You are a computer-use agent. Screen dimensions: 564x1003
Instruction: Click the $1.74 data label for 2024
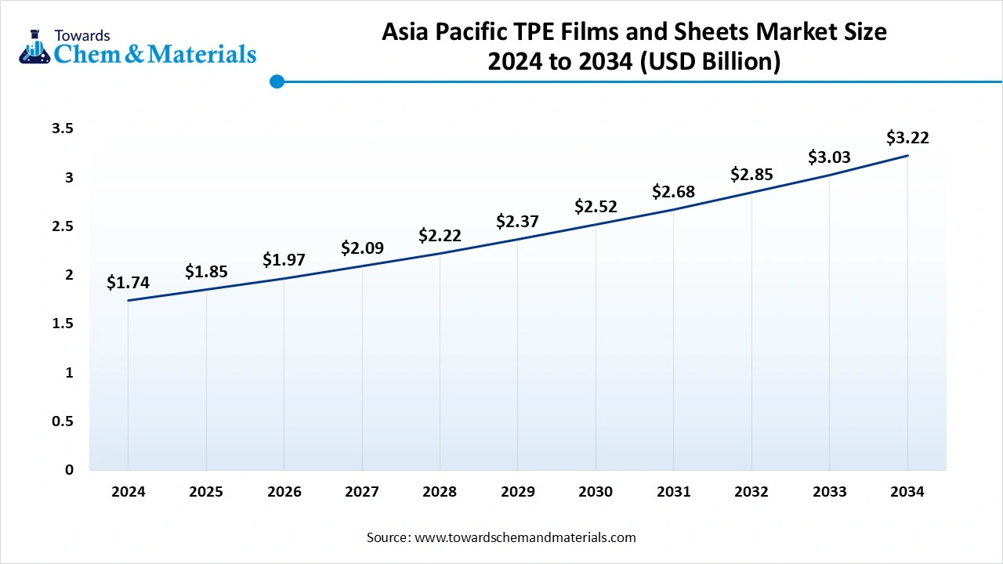coord(128,283)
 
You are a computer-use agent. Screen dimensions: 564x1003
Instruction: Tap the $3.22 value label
coord(907,138)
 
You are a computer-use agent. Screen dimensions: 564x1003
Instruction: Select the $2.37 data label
coord(517,222)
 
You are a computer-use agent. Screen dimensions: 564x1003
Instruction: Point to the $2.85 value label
coord(751,174)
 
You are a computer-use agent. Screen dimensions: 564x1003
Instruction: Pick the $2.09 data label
coord(362,248)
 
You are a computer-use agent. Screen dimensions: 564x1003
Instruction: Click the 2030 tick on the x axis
coord(596,492)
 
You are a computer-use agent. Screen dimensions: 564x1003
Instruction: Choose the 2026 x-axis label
coord(284,492)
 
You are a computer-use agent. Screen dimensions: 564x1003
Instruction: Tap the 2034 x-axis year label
coord(907,492)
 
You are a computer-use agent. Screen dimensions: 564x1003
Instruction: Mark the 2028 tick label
coord(440,492)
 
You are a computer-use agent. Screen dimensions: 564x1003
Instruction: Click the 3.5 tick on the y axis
coord(63,128)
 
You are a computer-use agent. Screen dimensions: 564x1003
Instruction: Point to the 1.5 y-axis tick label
coord(63,324)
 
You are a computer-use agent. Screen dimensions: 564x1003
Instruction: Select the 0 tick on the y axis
coord(69,470)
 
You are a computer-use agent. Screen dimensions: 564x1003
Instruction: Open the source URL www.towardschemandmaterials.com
coord(525,537)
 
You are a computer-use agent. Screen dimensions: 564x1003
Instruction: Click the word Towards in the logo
coord(82,35)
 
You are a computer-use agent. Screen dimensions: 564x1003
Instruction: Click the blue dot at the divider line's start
coord(277,81)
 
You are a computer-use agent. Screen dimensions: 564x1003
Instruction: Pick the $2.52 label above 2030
coord(596,207)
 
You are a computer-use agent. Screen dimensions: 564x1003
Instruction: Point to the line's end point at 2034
coord(907,156)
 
